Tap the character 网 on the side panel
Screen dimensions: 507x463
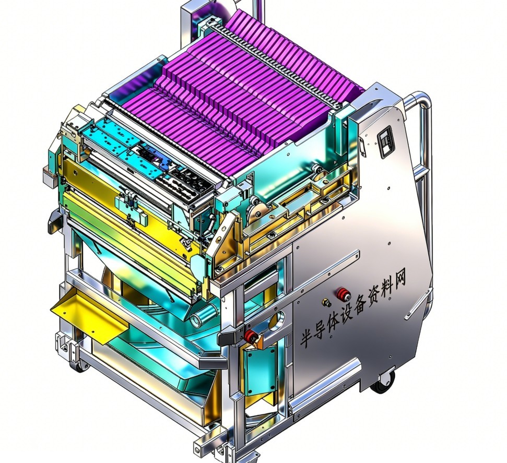pyautogui.click(x=399, y=280)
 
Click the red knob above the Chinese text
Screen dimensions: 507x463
pyautogui.click(x=344, y=294)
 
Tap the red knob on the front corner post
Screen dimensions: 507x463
pyautogui.click(x=251, y=336)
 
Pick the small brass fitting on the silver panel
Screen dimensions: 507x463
pyautogui.click(x=326, y=303)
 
